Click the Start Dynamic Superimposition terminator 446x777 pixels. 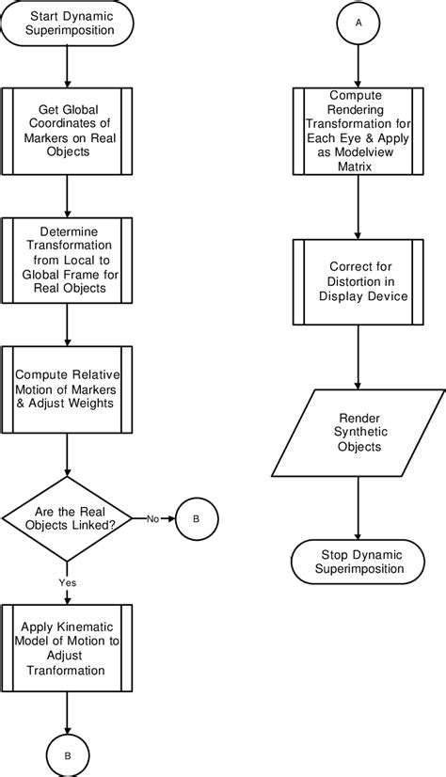pyautogui.click(x=67, y=24)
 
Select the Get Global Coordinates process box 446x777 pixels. pyautogui.click(x=67, y=130)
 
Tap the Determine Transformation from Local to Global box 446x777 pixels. pyautogui.click(x=67, y=261)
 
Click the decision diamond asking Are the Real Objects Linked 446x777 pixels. pyautogui.click(x=68, y=516)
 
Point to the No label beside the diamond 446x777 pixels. pyautogui.click(x=151, y=518)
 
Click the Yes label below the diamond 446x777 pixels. pyautogui.click(x=68, y=582)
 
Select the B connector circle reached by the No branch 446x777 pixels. pyautogui.click(x=196, y=517)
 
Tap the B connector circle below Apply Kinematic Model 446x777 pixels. pyautogui.click(x=67, y=754)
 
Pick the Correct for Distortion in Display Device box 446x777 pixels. pyautogui.click(x=358, y=282)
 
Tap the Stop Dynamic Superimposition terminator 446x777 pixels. pyautogui.click(x=358, y=562)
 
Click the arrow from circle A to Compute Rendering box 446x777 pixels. pyautogui.click(x=358, y=66)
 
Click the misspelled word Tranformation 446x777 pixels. pyautogui.click(x=67, y=670)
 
